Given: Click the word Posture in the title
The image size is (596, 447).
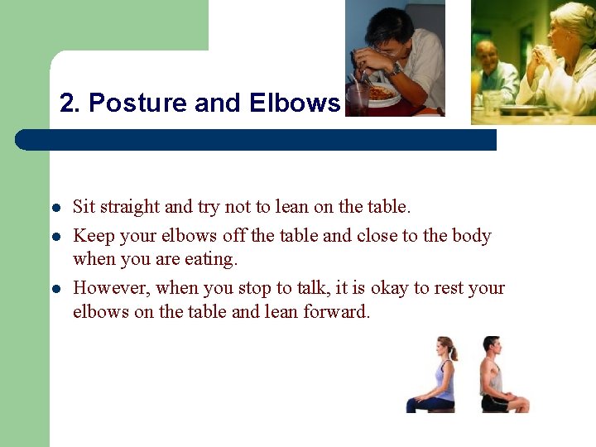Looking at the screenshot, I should [137, 103].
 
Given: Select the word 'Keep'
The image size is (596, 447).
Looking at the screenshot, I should [93, 236].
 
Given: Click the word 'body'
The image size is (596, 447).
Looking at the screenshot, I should [471, 236].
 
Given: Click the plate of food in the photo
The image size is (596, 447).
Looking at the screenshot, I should [380, 94].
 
